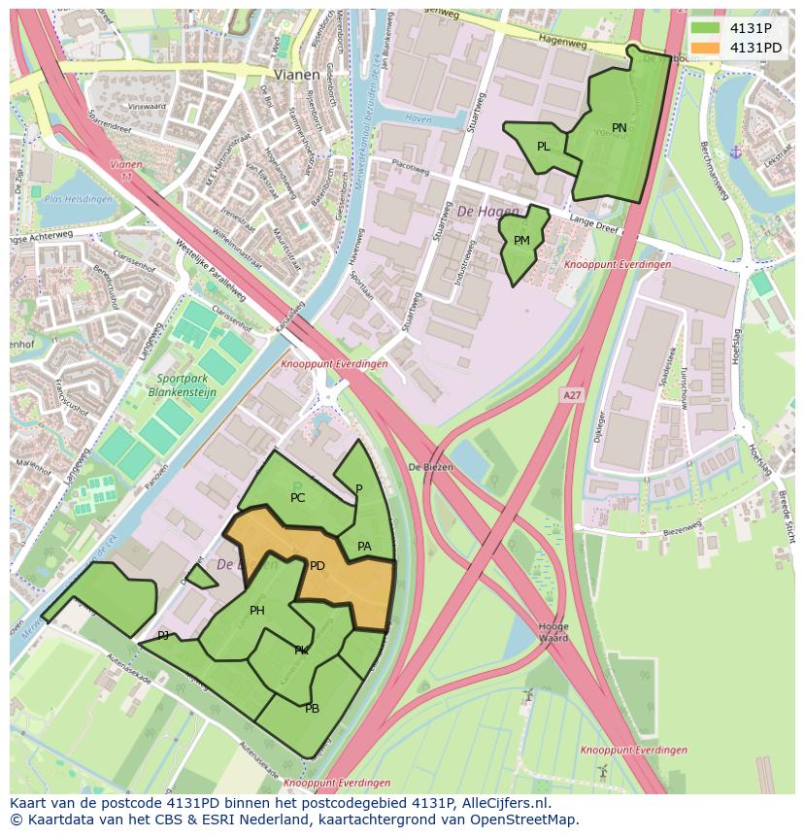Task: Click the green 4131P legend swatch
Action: tap(706, 28)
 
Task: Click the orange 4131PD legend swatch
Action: tap(706, 48)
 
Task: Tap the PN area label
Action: tap(620, 128)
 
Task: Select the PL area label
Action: tap(544, 147)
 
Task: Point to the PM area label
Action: tap(521, 241)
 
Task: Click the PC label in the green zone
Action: tap(298, 498)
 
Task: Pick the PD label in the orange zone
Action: tap(317, 566)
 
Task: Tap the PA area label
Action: tap(364, 547)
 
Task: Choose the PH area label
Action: tap(257, 611)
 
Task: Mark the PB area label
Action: tap(312, 709)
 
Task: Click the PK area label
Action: tap(301, 651)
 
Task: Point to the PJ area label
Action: tap(163, 636)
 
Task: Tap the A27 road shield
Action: tap(572, 394)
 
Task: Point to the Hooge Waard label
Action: tap(553, 632)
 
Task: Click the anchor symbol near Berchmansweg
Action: tap(735, 151)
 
